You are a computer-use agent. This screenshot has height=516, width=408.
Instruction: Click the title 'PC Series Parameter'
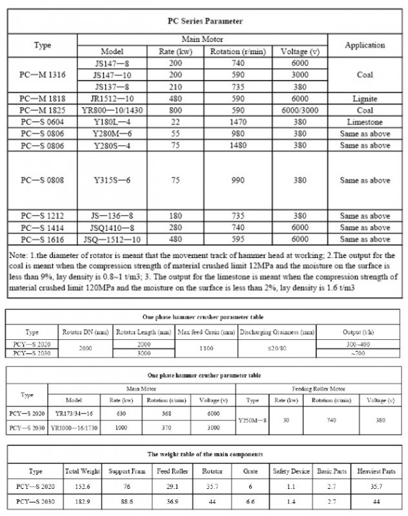pos(205,21)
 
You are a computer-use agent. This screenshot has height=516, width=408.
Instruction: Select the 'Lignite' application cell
pos(365,99)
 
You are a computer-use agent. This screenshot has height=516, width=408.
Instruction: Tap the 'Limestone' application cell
pos(365,122)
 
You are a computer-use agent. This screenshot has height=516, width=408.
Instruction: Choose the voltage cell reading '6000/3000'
pos(300,110)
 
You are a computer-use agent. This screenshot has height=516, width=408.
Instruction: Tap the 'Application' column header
pos(365,45)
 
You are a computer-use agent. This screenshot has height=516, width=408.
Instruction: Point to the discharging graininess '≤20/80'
pos(277,348)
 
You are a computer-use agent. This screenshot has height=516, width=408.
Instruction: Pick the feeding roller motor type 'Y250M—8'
pos(252,419)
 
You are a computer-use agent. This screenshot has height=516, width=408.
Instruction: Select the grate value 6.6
pos(252,501)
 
